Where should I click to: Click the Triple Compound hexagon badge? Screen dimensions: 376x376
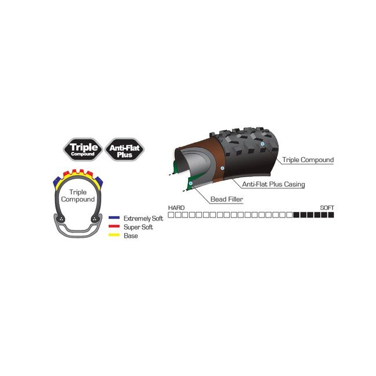click(83, 149)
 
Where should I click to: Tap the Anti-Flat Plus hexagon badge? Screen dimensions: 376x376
click(124, 149)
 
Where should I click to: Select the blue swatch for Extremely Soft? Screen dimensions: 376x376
click(114, 218)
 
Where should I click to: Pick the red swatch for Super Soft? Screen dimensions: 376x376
click(114, 226)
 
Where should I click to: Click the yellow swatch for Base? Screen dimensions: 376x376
click(114, 235)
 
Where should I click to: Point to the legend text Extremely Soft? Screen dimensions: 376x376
click(143, 219)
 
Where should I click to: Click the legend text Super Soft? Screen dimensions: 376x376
click(138, 227)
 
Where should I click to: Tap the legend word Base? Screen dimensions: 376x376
click(131, 235)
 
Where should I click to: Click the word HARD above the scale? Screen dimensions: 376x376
click(176, 208)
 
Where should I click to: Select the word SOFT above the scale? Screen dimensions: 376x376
click(327, 208)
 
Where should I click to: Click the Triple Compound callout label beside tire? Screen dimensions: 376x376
click(308, 160)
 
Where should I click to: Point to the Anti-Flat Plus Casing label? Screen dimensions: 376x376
click(274, 184)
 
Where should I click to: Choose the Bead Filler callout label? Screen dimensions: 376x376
click(227, 199)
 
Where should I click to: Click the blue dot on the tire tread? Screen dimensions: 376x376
click(263, 144)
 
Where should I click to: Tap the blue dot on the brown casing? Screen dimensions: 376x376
click(222, 168)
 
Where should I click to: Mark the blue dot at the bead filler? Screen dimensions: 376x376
click(191, 183)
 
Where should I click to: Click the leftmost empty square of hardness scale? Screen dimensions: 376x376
click(171, 215)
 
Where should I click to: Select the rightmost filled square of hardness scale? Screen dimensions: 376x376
click(331, 215)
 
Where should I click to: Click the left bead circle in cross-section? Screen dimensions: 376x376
click(61, 219)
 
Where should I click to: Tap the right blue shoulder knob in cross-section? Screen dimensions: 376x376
click(99, 182)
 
